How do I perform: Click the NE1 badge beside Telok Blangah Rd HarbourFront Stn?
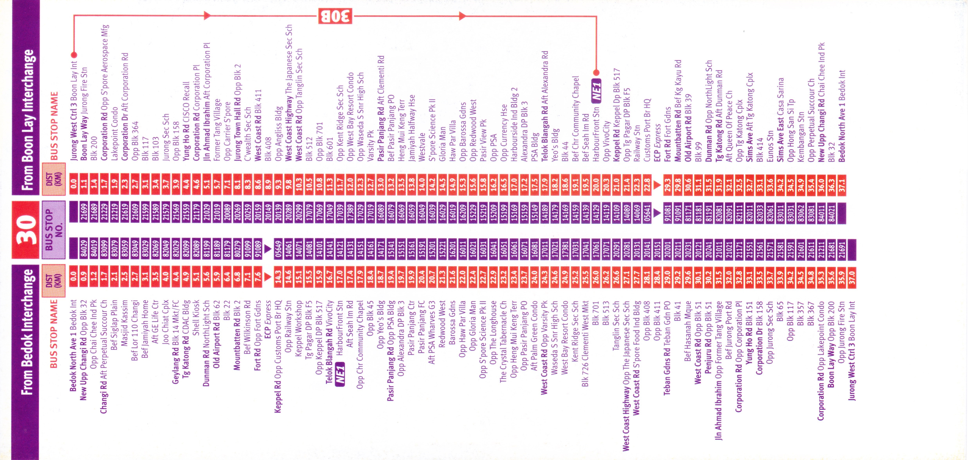tap(340, 373)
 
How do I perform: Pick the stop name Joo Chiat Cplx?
tap(165, 322)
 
